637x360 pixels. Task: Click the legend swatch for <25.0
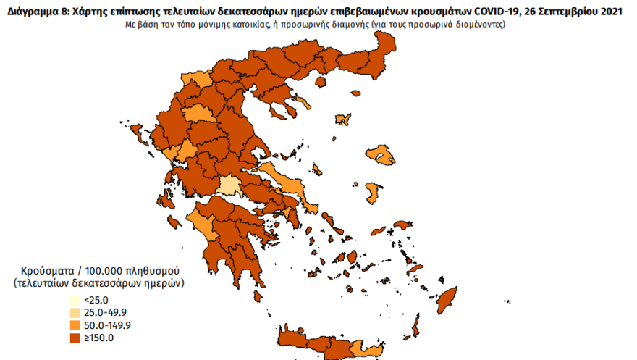point(76,300)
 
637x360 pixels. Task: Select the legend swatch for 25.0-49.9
point(76,312)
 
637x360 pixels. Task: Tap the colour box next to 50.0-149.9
point(76,325)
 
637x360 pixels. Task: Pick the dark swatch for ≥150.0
point(76,337)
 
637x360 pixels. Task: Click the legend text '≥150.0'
point(98,337)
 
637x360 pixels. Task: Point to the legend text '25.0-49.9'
point(104,312)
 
